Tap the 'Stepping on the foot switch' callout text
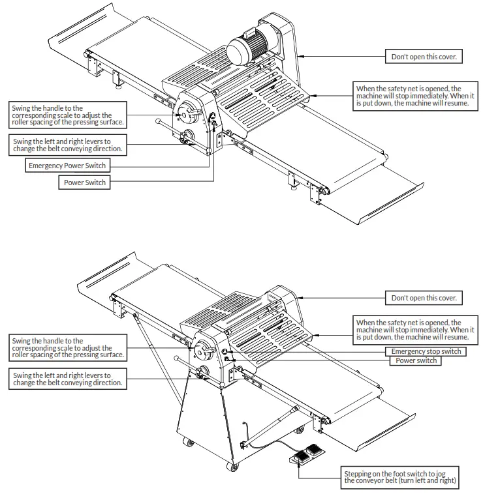point(401,476)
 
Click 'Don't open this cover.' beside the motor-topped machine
point(424,57)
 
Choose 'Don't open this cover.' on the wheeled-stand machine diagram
point(424,298)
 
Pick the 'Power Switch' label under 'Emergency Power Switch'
point(84,182)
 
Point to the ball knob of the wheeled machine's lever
point(176,358)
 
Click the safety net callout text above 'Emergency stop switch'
point(412,330)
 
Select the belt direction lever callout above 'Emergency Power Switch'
point(67,144)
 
